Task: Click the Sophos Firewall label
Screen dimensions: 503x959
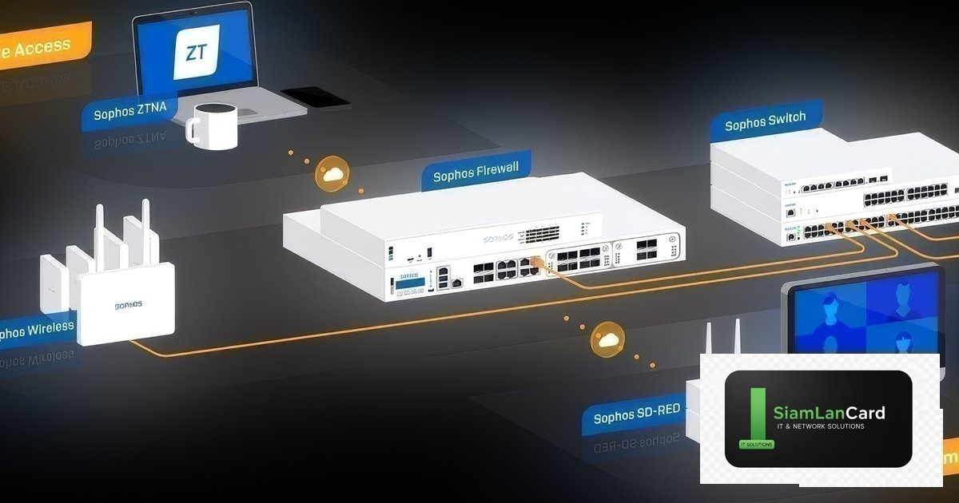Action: click(x=475, y=171)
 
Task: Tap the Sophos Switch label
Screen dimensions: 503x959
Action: click(x=765, y=122)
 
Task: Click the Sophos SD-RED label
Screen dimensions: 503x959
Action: click(x=637, y=413)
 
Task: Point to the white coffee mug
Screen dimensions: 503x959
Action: click(x=211, y=125)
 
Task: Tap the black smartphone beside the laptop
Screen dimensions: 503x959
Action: click(x=316, y=97)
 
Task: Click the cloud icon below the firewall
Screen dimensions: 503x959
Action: click(x=607, y=341)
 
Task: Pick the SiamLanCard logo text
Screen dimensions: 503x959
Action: click(x=829, y=413)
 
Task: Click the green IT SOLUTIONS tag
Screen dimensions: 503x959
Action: click(x=752, y=444)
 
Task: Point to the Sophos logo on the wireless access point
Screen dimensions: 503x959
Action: click(x=128, y=305)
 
